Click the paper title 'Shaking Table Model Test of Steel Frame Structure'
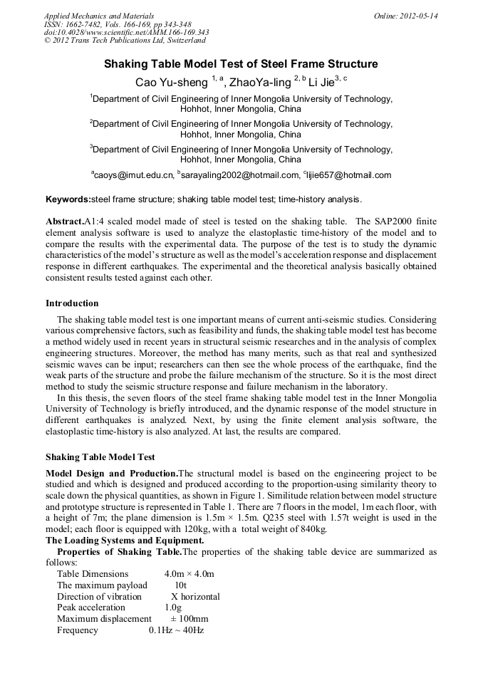click(241, 64)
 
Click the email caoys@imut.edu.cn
click(134, 175)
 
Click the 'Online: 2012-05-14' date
click(405, 16)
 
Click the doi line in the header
click(126, 33)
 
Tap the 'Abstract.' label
click(65, 221)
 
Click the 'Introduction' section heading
click(72, 303)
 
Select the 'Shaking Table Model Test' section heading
click(100, 457)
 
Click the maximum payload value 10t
click(181, 585)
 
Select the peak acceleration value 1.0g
click(173, 608)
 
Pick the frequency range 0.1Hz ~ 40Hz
click(176, 630)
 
